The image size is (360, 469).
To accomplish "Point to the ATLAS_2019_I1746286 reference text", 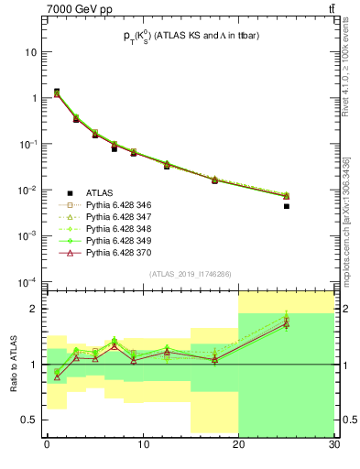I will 190,274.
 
